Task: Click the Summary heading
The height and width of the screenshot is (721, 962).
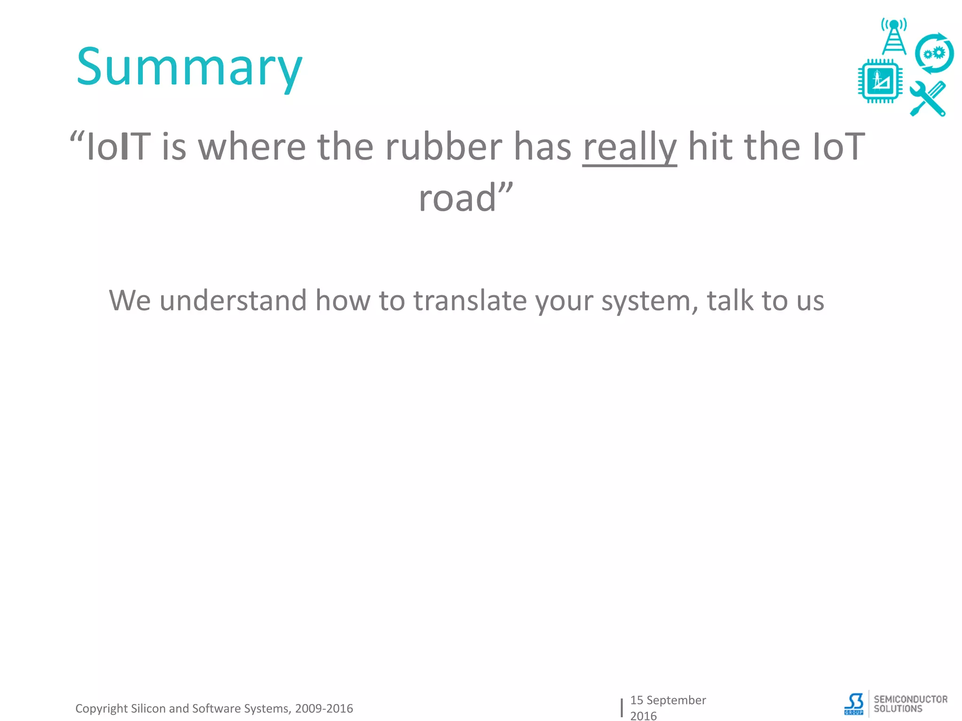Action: coord(189,68)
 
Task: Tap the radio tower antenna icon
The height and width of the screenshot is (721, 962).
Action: coord(894,37)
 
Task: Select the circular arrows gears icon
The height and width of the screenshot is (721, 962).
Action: coord(934,54)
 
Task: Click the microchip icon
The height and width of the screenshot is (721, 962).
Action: coord(880,81)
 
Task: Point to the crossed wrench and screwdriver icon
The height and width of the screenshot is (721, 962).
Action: coord(928,99)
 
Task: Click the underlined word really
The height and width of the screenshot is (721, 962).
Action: coord(629,147)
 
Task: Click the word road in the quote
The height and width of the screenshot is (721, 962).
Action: coord(458,198)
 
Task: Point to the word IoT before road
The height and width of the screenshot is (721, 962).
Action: coord(838,147)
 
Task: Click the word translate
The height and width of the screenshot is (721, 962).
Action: coord(470,300)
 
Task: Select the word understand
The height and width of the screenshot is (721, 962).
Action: coord(233,300)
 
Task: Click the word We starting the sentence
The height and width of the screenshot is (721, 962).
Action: coord(130,300)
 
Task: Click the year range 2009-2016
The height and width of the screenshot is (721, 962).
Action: coord(324,708)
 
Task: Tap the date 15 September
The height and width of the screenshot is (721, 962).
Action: coord(667,700)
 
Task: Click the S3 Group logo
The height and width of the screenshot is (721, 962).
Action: coord(854,704)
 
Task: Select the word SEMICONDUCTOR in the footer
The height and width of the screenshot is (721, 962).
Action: coord(910,699)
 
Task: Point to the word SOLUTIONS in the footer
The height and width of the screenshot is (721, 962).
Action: coord(898,709)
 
